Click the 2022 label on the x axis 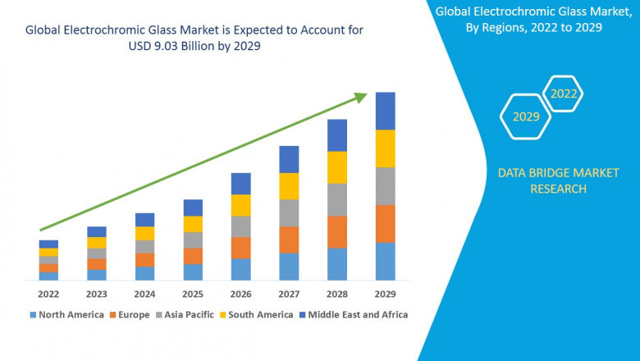48,294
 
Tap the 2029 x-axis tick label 385,294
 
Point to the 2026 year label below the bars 240,294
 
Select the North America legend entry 67,314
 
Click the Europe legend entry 130,314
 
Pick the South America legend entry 255,314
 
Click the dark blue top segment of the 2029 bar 385,111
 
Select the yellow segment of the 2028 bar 337,167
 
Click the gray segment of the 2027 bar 289,212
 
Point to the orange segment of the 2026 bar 240,248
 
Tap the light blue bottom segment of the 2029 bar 385,261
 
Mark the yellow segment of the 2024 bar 144,233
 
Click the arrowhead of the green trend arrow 361,97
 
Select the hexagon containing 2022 564,94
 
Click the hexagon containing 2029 526,117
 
